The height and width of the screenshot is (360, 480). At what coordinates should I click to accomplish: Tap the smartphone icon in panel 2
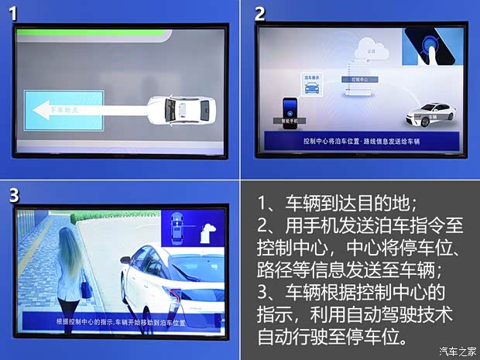290,108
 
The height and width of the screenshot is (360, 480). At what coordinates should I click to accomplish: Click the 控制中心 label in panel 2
362,78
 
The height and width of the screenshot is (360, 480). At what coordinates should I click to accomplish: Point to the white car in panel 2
430,116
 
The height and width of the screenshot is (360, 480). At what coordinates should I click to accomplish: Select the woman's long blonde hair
67,252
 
